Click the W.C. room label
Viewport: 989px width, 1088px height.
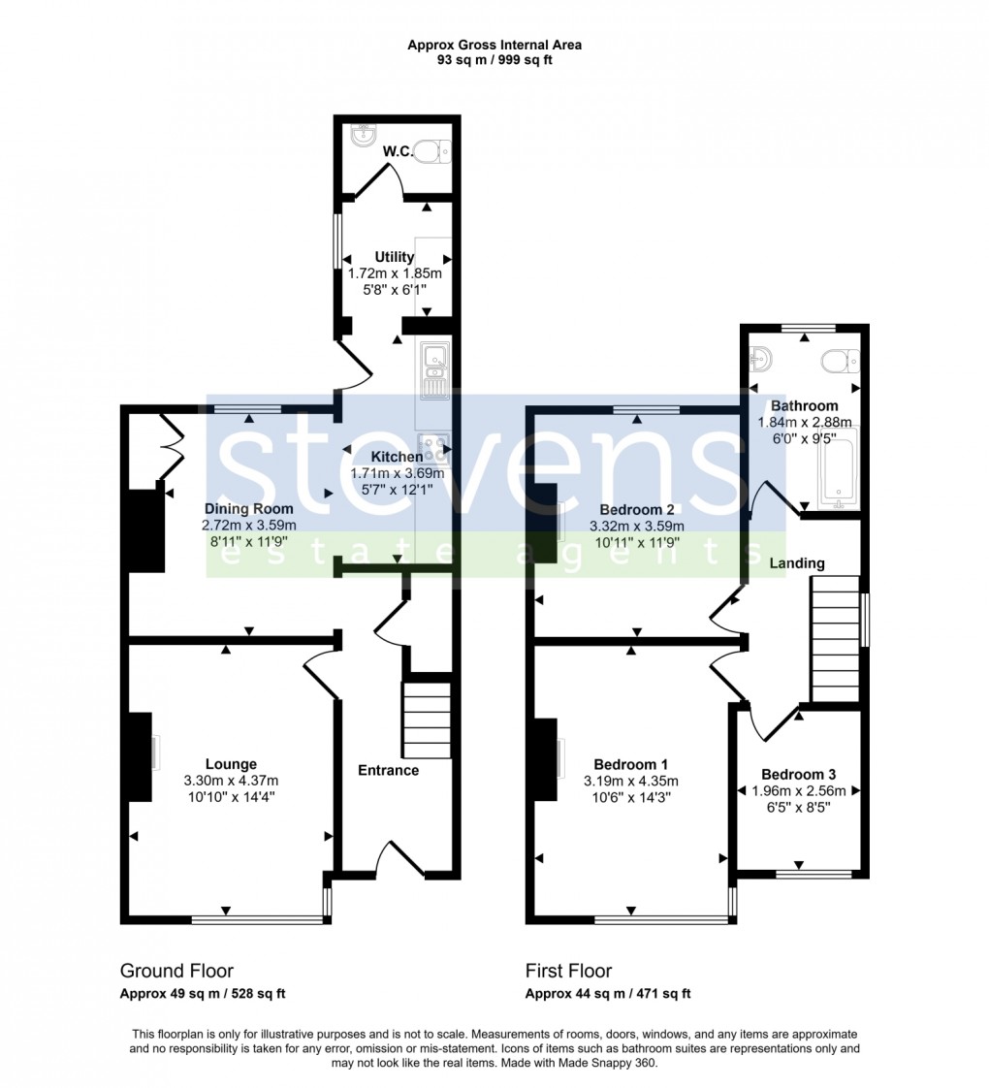(398, 151)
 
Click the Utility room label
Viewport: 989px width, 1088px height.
(395, 257)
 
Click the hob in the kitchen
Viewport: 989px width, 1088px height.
(435, 448)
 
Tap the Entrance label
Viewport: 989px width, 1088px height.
(389, 770)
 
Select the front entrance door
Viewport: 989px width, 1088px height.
(400, 859)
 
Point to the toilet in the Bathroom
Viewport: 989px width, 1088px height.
(839, 363)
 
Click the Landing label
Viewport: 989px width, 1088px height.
(797, 563)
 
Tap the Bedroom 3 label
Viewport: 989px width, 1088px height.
(798, 774)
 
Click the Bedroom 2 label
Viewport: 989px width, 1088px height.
(636, 510)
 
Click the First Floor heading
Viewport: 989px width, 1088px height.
(568, 971)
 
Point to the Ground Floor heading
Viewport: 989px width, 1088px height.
(176, 971)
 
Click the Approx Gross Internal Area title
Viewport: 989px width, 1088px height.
(494, 45)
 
